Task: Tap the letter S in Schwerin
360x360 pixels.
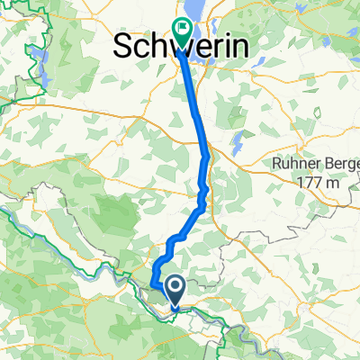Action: click(122, 48)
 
